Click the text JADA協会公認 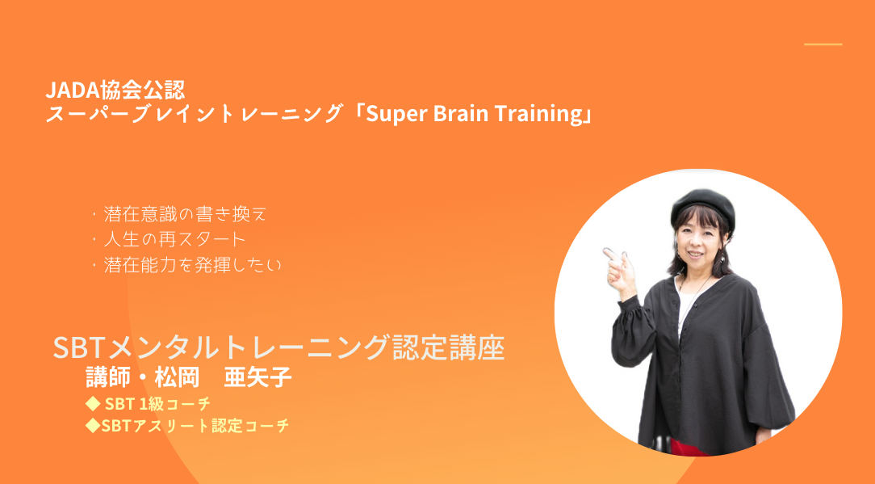tap(117, 88)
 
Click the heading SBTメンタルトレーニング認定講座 tap(278, 348)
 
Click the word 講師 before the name tap(109, 377)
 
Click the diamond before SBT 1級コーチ tap(93, 403)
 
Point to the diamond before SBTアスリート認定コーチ tap(92, 425)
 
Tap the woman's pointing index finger tap(612, 255)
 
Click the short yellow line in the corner tap(823, 44)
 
